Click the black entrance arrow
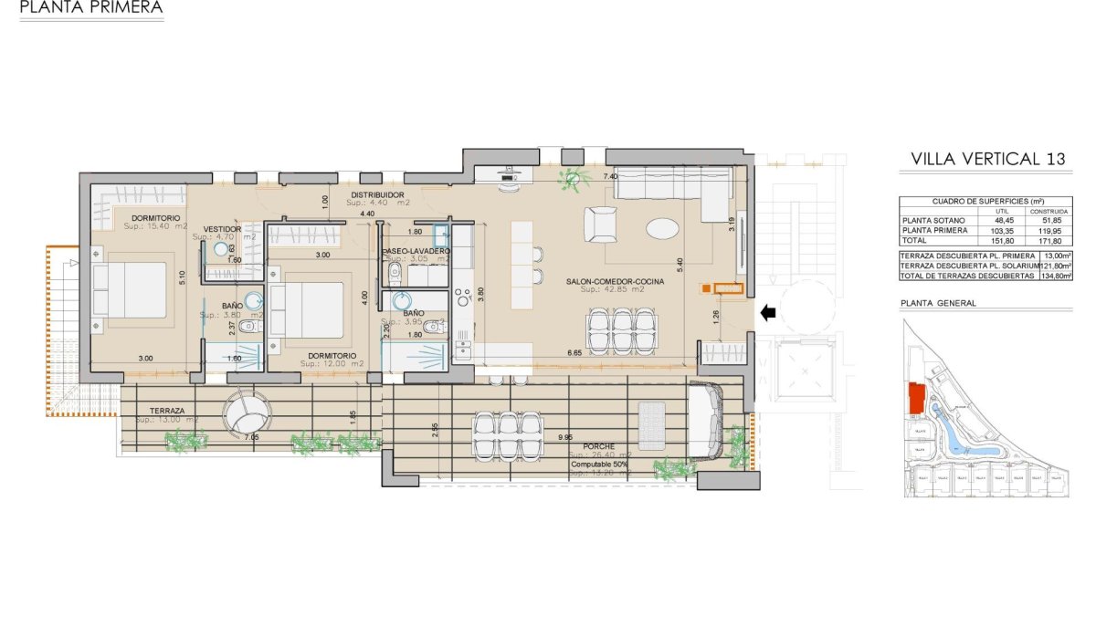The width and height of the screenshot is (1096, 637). click(768, 313)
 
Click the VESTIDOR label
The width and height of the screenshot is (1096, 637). click(222, 229)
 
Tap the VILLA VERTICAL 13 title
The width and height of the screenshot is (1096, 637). click(988, 159)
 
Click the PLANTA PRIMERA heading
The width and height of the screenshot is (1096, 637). click(91, 8)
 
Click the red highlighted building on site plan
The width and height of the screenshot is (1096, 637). click(915, 399)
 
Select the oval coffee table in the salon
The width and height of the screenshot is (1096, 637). click(662, 227)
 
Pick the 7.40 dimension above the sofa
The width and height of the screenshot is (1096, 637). click(611, 176)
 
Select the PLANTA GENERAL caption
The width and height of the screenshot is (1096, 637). click(938, 303)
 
